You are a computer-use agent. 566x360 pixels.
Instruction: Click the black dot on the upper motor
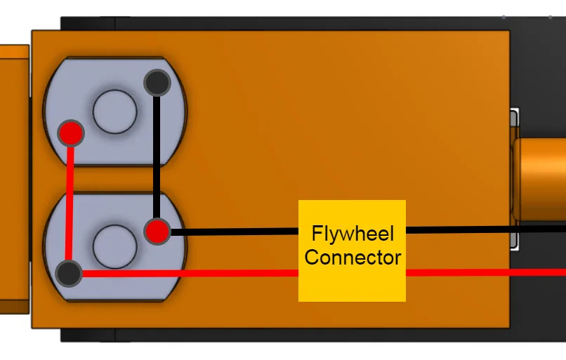click(x=157, y=83)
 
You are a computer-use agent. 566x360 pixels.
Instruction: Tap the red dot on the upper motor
click(x=72, y=132)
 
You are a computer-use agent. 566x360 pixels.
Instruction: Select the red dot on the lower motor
click(x=157, y=231)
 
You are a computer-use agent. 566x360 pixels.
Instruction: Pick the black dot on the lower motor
click(x=69, y=273)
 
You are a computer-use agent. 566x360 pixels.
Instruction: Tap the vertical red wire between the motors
click(x=70, y=204)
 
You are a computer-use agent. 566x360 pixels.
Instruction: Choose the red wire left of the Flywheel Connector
click(x=190, y=273)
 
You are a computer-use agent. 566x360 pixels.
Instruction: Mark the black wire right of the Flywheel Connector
click(x=485, y=229)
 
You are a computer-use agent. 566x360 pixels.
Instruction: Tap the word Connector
click(x=353, y=257)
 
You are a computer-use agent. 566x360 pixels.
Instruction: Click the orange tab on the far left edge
click(x=14, y=179)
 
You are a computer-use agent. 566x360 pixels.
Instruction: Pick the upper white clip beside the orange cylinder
click(x=515, y=118)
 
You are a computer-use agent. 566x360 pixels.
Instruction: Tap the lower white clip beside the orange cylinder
click(x=515, y=241)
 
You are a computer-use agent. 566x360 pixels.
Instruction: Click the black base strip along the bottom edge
click(x=281, y=335)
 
